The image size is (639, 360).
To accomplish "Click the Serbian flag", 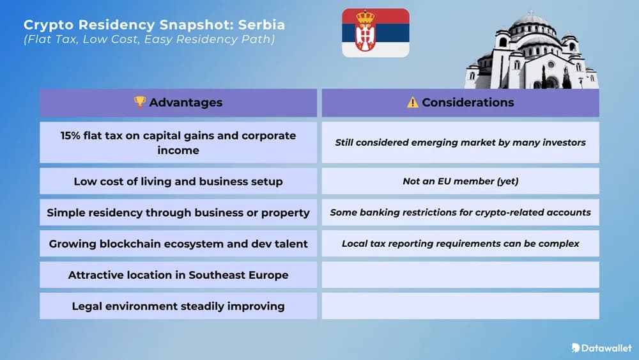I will tap(375, 33).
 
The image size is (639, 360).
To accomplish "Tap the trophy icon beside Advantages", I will tap(140, 102).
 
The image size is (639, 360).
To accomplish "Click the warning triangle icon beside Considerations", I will tap(413, 102).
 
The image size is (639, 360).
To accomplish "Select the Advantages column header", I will tap(178, 102).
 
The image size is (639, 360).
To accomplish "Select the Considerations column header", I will tap(461, 102).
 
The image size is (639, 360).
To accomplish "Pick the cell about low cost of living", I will tap(178, 182).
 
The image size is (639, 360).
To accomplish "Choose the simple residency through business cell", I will tap(178, 212).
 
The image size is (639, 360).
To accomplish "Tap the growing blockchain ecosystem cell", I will tap(178, 244).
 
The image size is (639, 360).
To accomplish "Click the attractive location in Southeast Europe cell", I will tap(178, 275).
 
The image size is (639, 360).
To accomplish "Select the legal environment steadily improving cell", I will tap(178, 306).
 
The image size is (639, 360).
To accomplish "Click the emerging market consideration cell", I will tap(461, 142).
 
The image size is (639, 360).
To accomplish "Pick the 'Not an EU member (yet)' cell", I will tap(461, 181).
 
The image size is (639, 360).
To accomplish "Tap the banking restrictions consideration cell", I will tap(461, 212).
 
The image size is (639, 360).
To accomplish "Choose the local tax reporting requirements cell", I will tap(461, 244).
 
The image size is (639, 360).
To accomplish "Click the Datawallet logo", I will tap(601, 348).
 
